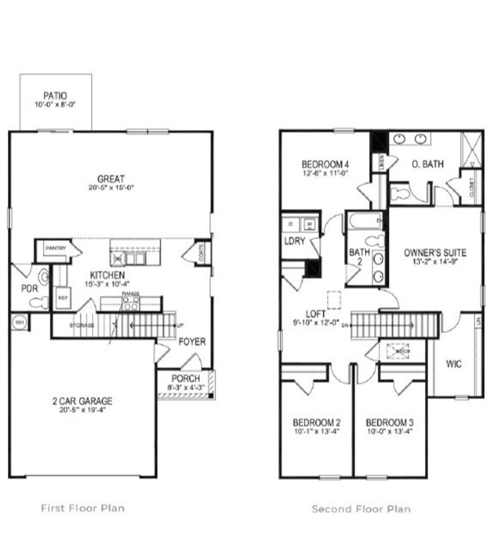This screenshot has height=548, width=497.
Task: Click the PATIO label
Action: [55, 96]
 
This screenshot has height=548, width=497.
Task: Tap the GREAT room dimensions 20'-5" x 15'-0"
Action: [111, 188]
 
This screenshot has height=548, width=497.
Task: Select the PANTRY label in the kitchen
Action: [55, 248]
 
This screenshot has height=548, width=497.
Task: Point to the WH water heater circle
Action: [20, 323]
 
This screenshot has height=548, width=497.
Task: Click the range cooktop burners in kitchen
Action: [130, 304]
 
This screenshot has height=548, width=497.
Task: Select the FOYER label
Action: [192, 342]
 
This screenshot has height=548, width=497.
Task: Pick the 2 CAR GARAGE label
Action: [82, 401]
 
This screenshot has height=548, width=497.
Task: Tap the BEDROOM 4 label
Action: [325, 164]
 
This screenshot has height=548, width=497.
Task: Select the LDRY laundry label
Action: [295, 241]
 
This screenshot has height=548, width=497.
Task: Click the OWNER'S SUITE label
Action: [435, 253]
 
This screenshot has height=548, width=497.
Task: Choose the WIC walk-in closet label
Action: [453, 364]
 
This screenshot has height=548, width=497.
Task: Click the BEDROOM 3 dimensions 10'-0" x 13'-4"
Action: [389, 430]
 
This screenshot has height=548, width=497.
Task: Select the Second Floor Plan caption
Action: [361, 509]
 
